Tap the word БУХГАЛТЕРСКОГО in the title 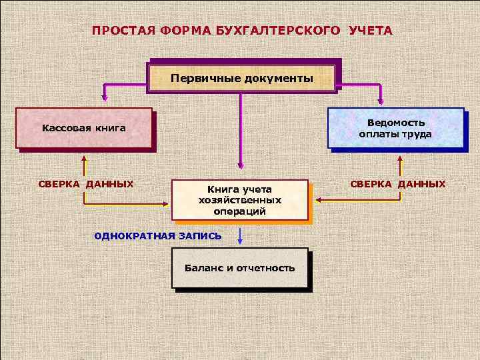pos(279,31)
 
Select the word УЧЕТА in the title pos(370,31)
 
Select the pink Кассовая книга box pos(84,127)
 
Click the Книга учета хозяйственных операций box pos(240,200)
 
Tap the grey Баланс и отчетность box pos(240,268)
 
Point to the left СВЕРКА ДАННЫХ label pos(86,183)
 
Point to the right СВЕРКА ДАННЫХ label pos(397,183)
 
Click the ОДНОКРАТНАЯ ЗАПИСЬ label pos(158,236)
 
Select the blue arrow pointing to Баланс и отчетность pos(240,236)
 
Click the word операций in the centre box pos(240,211)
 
